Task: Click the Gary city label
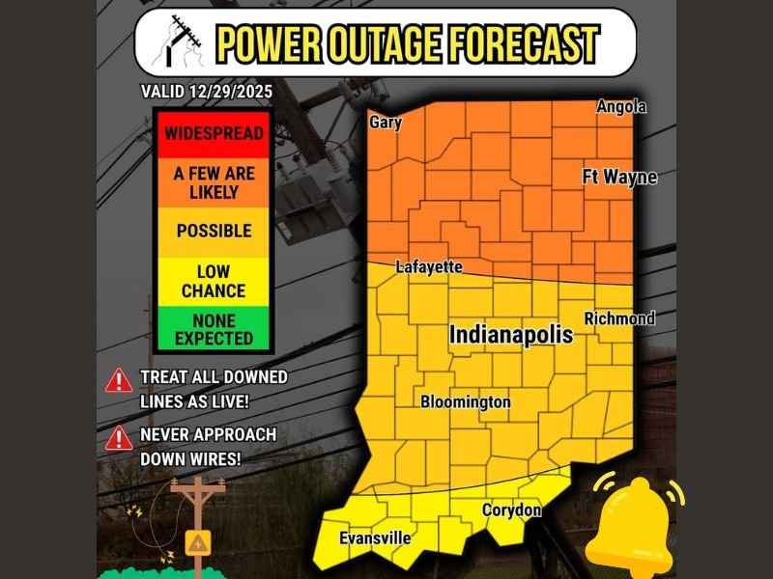[x=385, y=123]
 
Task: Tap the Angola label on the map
[x=621, y=106]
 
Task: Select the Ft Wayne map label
[x=619, y=178]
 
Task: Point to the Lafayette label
[x=429, y=266]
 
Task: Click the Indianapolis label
[x=511, y=335]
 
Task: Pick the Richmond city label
[x=619, y=318]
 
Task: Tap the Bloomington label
[x=465, y=401]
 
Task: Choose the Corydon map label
[x=512, y=510]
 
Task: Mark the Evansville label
[x=375, y=538]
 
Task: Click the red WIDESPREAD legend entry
[x=214, y=133]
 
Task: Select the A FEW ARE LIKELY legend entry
[x=214, y=182]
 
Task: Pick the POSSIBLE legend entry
[x=214, y=232]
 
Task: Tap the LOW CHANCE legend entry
[x=214, y=282]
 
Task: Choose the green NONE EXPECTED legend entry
[x=214, y=329]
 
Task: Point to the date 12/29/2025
[x=232, y=92]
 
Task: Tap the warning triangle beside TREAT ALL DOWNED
[x=119, y=379]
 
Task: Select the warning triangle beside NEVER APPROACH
[x=119, y=438]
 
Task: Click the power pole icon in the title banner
[x=184, y=42]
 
